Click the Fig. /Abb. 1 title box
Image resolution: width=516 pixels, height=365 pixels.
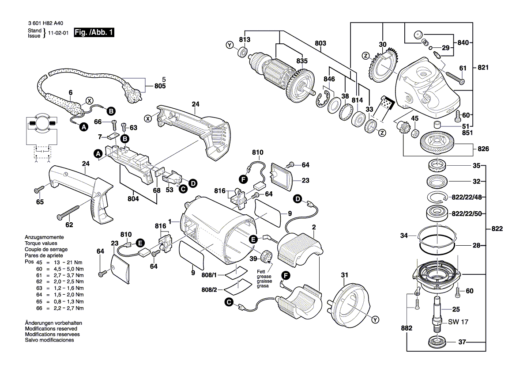click(94, 33)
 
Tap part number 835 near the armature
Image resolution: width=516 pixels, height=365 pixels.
click(302, 61)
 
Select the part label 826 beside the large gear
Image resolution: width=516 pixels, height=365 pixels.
click(484, 149)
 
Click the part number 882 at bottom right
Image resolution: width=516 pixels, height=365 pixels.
click(407, 328)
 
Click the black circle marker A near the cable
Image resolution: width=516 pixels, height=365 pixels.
click(83, 127)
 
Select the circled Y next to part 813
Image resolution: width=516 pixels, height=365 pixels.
click(229, 45)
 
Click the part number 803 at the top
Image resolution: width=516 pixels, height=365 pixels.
click(320, 43)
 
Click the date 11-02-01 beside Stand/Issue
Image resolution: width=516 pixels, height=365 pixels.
click(58, 33)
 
